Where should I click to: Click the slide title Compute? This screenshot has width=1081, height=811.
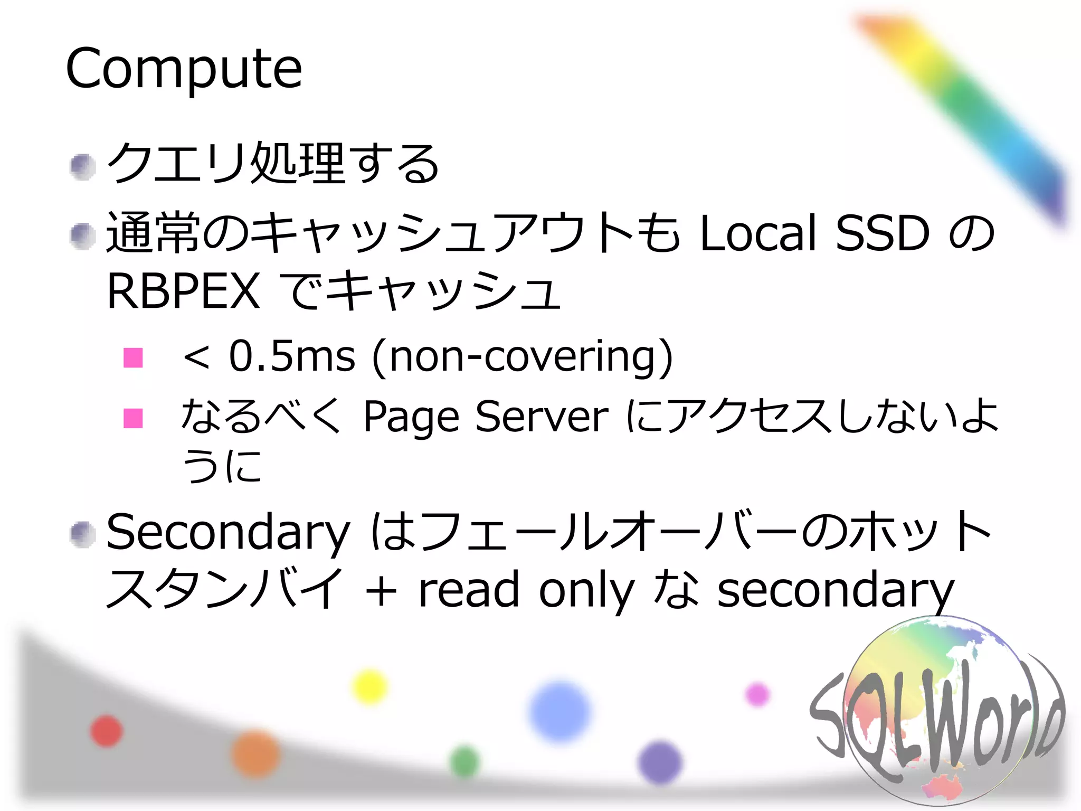click(184, 69)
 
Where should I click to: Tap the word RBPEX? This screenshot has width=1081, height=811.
click(183, 291)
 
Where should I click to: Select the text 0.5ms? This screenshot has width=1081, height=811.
click(291, 356)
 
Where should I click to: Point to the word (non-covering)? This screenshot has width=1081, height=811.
click(523, 357)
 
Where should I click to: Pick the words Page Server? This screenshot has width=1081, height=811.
click(486, 417)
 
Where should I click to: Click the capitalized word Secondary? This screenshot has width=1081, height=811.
click(228, 532)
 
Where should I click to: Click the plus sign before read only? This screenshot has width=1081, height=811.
click(381, 591)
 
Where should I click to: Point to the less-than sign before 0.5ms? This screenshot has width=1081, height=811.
click(196, 357)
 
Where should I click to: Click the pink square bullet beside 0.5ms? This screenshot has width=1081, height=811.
click(133, 357)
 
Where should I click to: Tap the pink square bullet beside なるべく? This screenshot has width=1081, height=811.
click(133, 418)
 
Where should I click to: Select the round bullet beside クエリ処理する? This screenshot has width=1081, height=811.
click(82, 166)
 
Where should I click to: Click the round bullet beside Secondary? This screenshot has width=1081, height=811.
click(82, 534)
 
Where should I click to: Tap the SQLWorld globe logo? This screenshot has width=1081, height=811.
click(937, 713)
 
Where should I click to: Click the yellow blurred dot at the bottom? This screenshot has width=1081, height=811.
click(369, 686)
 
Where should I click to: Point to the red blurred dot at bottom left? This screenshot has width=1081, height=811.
click(106, 731)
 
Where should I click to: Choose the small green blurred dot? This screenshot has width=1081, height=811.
click(464, 762)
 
